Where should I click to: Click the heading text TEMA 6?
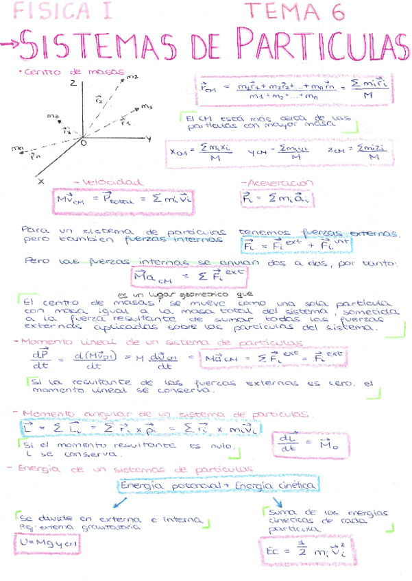coord(294,10)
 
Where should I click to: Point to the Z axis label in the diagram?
coord(71,83)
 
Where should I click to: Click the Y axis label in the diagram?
coord(149,138)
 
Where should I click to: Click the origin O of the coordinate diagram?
coord(83,145)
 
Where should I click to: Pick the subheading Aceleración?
coord(277,183)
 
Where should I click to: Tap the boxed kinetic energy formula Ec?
coord(300,552)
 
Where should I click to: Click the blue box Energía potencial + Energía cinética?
coord(219,485)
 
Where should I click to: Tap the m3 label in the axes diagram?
coord(146,107)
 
